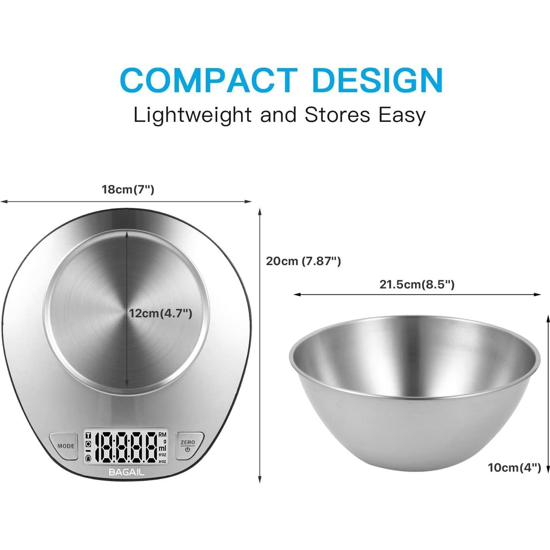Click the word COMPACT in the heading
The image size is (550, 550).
pyautogui.click(x=209, y=80)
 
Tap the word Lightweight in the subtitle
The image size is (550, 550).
pyautogui.click(x=192, y=116)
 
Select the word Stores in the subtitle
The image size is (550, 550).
pyautogui.click(x=337, y=115)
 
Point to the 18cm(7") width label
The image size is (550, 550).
pyautogui.click(x=128, y=190)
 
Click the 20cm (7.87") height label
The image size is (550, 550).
pyautogui.click(x=303, y=261)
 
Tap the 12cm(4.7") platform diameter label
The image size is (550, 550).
pyautogui.click(x=160, y=314)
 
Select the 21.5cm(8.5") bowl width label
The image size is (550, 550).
pyautogui.click(x=417, y=284)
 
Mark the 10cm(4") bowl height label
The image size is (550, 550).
pyautogui.click(x=514, y=468)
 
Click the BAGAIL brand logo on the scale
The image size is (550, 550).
pyautogui.click(x=127, y=472)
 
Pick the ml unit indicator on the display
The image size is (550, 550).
pyautogui.click(x=162, y=448)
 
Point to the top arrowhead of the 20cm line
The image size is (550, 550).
pyautogui.click(x=260, y=211)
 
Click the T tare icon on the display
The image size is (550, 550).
pyautogui.click(x=88, y=436)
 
